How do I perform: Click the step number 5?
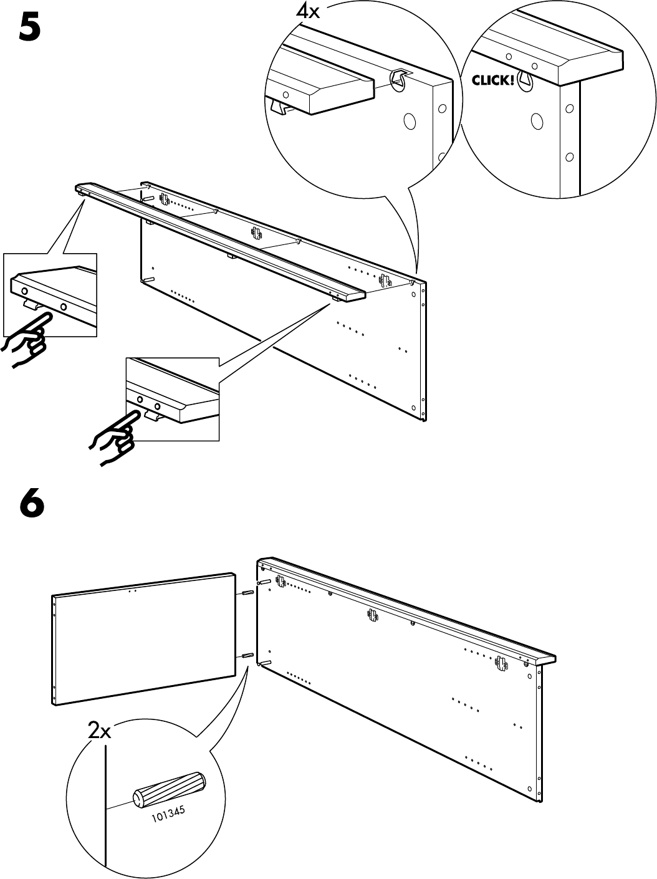pos(31,28)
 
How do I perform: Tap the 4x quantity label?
pos(307,11)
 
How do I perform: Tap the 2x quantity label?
pos(99,731)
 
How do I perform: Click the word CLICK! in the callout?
pos(493,80)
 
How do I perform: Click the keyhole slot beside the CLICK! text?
pos(526,79)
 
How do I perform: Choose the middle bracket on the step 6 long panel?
pos(373,615)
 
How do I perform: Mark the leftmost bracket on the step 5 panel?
pos(165,198)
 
